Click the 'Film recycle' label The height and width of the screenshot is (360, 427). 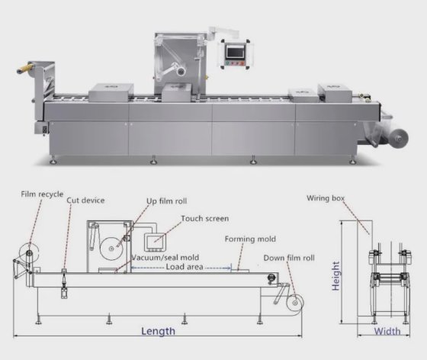click(x=42, y=194)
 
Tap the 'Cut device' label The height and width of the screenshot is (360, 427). click(x=85, y=201)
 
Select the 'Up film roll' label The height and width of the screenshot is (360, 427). click(x=167, y=201)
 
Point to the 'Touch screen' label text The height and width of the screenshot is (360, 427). click(x=205, y=218)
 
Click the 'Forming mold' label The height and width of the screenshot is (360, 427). click(x=250, y=239)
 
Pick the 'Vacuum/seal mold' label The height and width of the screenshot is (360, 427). click(x=165, y=257)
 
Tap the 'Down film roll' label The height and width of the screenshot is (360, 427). click(x=289, y=258)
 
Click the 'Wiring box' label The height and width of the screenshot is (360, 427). click(x=326, y=198)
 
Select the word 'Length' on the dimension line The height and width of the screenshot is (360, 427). click(x=159, y=331)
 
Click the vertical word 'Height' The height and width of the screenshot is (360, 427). click(x=335, y=276)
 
